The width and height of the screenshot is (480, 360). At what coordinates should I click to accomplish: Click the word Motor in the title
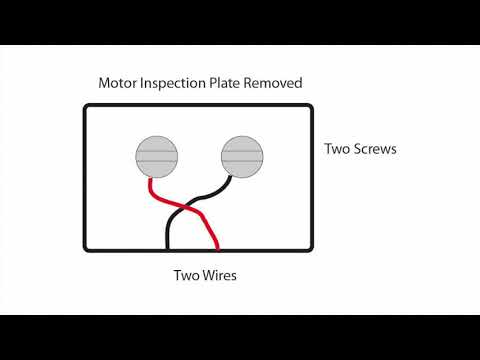118,82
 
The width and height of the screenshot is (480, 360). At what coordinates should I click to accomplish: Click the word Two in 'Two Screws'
337,150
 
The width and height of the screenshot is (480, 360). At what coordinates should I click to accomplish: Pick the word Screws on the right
376,150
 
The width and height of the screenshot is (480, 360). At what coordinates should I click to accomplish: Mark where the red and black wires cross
188,208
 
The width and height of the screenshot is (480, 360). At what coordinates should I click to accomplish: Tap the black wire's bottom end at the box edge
167,248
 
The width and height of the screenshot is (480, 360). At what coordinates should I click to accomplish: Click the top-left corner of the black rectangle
84,107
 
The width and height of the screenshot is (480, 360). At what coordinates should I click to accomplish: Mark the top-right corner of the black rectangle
312,107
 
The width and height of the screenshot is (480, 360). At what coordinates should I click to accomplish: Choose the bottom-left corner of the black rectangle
84,249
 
